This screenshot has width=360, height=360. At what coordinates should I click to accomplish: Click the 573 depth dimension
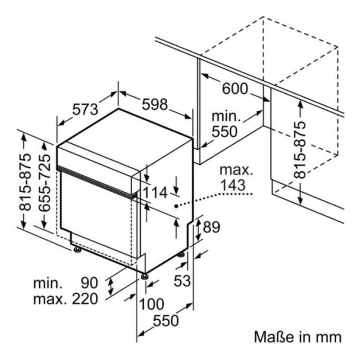85,110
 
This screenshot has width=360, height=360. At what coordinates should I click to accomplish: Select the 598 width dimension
155,104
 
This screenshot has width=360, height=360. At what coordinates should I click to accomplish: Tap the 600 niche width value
235,88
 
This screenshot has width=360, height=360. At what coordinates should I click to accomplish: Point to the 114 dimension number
155,193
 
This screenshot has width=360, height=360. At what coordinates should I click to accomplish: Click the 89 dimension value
211,227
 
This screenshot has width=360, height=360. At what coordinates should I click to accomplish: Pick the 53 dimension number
182,281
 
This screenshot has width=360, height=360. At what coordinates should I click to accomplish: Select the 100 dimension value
152,304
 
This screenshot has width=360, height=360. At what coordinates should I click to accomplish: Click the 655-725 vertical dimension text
44,183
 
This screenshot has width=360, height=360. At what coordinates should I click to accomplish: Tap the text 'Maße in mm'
298,337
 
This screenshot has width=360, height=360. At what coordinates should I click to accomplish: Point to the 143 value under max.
232,185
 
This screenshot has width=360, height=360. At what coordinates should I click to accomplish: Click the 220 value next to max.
85,299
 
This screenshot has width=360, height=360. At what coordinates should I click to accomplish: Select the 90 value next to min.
89,283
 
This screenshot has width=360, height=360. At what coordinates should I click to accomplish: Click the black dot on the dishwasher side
176,206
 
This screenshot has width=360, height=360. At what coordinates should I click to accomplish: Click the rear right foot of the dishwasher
181,255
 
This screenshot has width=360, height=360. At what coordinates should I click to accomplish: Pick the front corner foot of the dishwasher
145,276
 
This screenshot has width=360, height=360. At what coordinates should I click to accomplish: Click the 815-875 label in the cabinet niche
300,150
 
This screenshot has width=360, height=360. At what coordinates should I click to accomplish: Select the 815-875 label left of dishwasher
25,182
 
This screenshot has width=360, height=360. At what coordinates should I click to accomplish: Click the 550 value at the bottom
166,320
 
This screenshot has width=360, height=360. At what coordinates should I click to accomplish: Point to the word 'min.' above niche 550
226,116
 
